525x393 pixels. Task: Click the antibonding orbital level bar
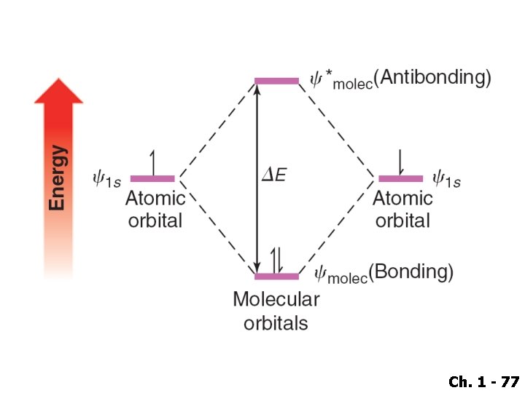coord(276,81)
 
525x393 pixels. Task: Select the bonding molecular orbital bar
coord(276,277)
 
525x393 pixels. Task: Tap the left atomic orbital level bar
coord(152,178)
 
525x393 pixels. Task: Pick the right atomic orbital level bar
coord(400,178)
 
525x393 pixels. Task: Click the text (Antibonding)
coord(435,79)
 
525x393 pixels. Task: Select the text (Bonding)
coord(411,273)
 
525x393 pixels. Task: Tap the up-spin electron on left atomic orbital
coord(152,162)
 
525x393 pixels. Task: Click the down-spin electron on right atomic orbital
coord(400,162)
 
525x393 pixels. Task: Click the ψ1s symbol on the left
coord(106,179)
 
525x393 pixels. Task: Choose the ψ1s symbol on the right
coord(446,179)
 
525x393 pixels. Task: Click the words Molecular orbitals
coord(276,311)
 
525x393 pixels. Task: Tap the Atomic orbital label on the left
coord(155,209)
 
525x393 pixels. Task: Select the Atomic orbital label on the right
coord(402,209)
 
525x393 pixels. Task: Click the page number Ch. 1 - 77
coord(483,381)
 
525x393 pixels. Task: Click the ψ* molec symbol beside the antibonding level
coord(341,80)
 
